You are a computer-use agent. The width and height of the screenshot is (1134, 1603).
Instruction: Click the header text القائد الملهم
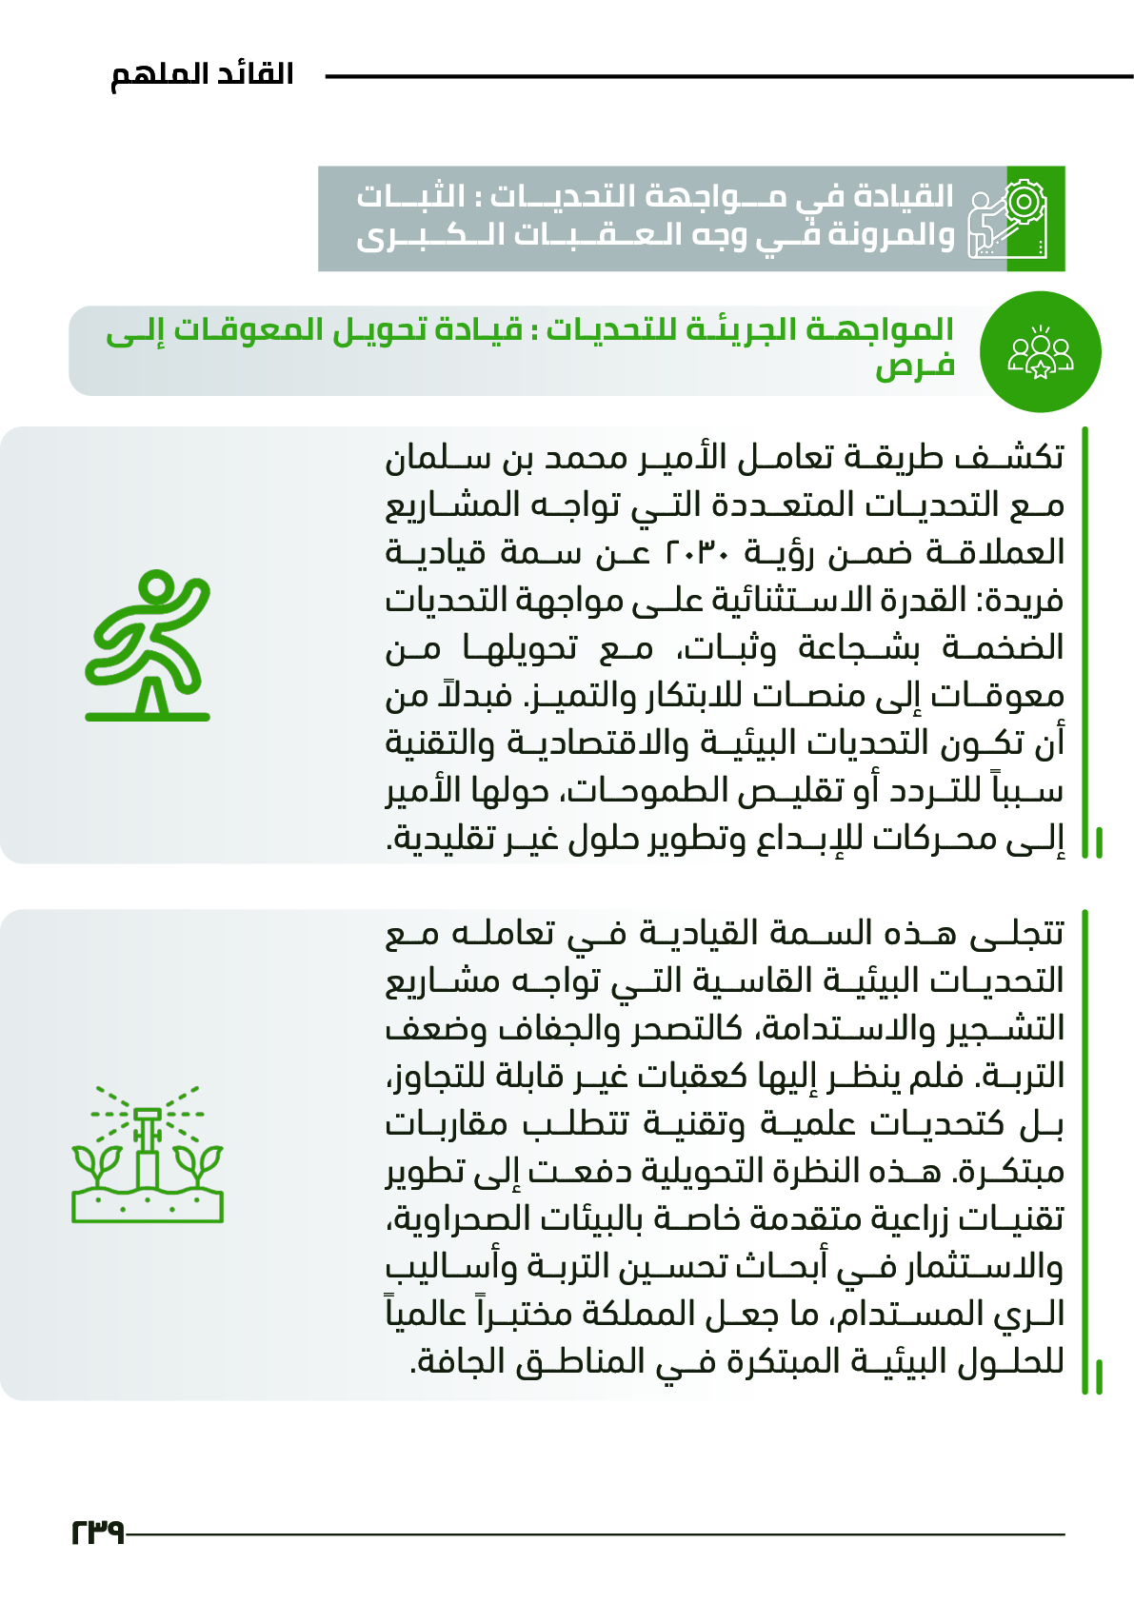tap(202, 74)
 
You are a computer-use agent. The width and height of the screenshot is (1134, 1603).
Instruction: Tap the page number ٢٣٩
tap(97, 1532)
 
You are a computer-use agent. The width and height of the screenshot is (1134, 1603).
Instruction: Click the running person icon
tap(148, 644)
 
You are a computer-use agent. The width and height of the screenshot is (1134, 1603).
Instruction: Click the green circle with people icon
tap(1040, 352)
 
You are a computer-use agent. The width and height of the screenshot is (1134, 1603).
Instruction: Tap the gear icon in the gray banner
tap(1022, 202)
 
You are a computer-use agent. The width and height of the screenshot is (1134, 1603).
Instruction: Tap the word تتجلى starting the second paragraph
tap(1017, 933)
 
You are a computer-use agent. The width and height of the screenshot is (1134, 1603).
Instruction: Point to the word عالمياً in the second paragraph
tap(425, 1314)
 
